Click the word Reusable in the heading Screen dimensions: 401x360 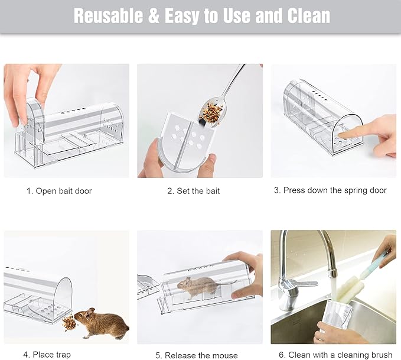[109, 15]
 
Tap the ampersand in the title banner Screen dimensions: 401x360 [155, 16]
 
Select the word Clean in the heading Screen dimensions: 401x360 [309, 15]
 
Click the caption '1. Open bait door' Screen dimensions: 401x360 [59, 191]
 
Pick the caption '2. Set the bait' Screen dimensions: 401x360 [193, 191]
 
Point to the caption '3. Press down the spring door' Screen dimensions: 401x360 [330, 190]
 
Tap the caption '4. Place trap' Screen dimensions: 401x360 [47, 355]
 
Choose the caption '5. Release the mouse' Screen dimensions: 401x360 [197, 355]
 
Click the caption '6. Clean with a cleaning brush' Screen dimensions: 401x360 [335, 355]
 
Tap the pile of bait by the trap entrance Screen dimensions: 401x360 [69, 323]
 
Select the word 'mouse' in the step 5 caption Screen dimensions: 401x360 [225, 356]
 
